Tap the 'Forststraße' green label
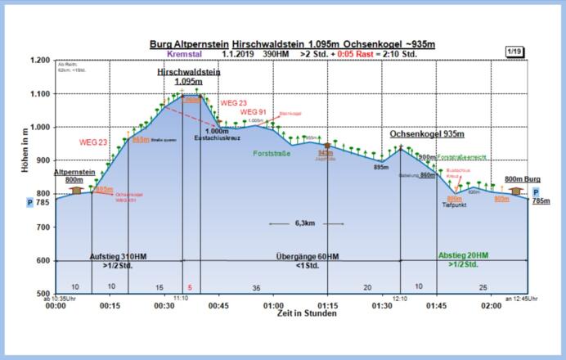(272, 153)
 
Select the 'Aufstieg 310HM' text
(118, 256)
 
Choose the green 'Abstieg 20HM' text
(463, 255)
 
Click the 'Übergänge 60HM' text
(308, 256)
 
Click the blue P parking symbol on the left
(30, 200)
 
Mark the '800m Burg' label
(522, 179)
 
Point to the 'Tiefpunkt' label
(454, 205)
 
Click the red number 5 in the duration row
(190, 287)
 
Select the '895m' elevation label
(380, 166)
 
